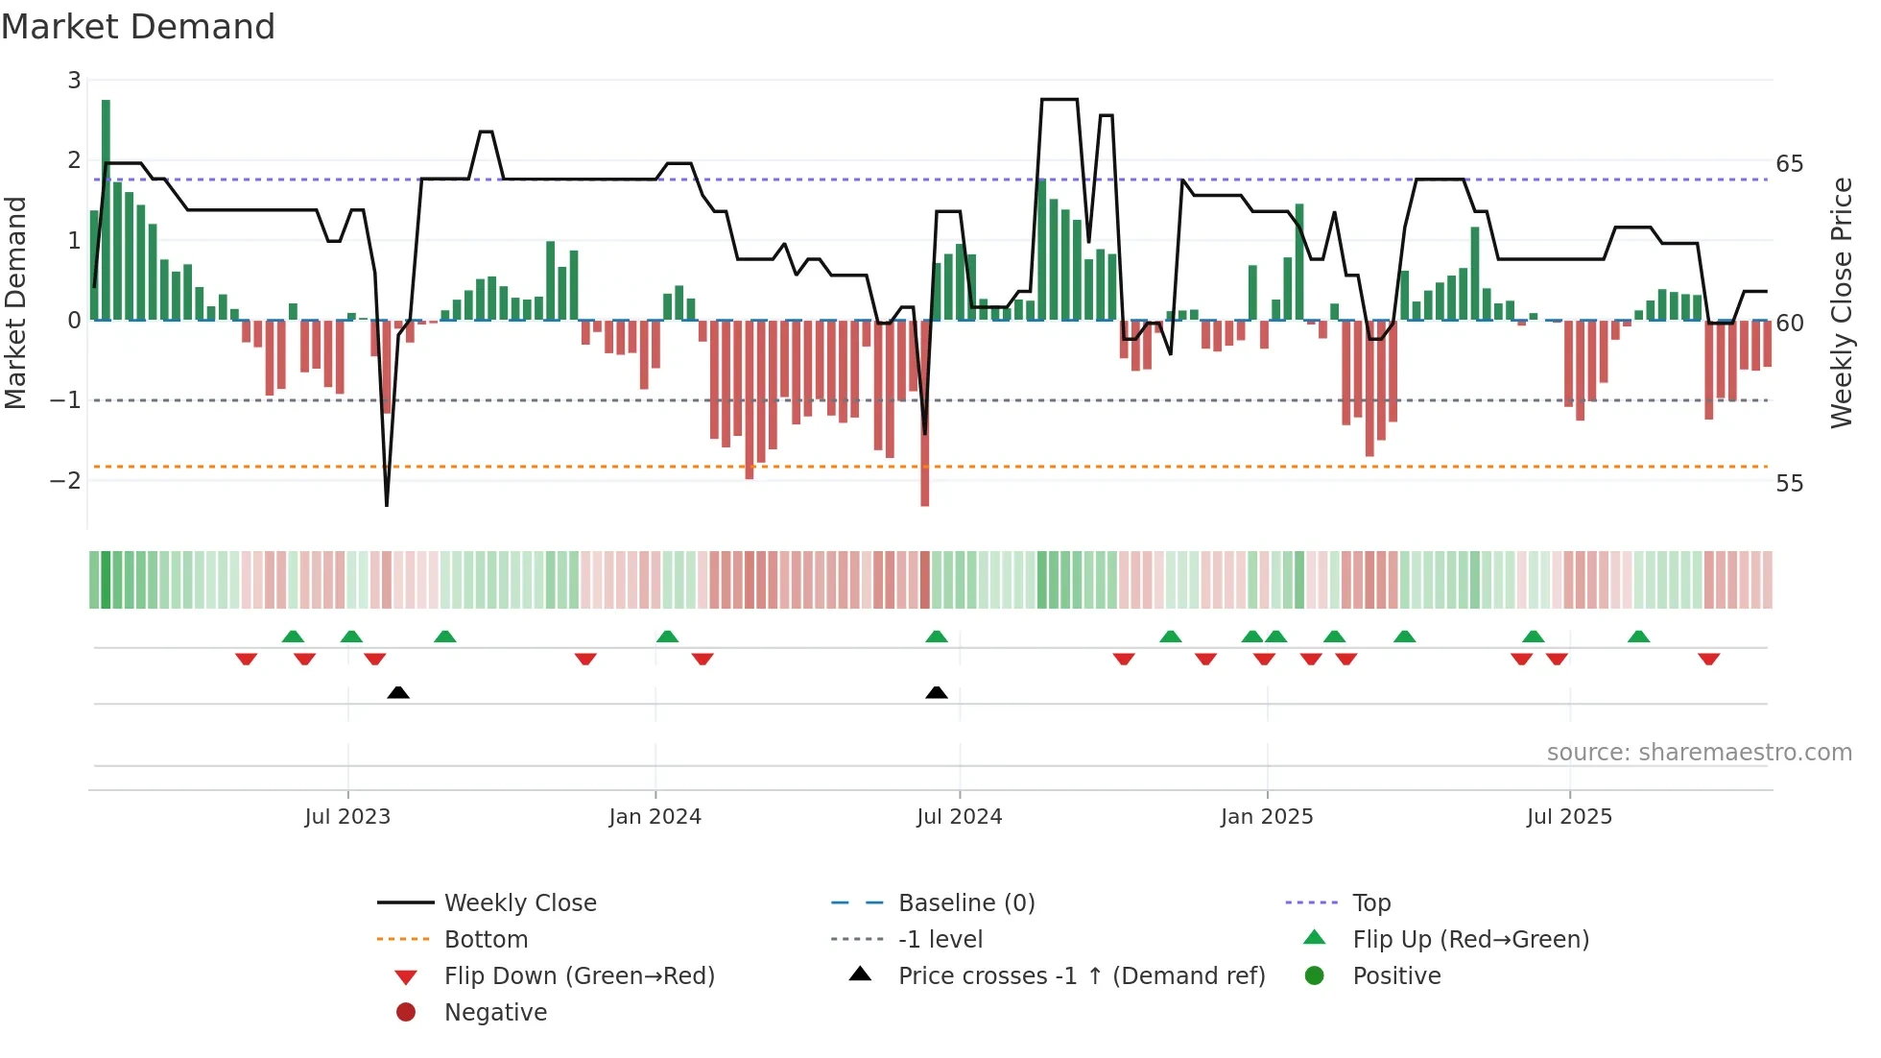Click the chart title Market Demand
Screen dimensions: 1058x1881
coord(138,27)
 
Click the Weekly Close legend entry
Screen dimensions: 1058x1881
coord(519,903)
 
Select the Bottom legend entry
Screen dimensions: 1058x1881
coord(486,940)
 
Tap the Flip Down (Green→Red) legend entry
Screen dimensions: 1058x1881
coord(579,976)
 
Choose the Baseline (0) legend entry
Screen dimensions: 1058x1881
coord(965,903)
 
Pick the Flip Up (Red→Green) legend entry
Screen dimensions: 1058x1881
coord(1470,940)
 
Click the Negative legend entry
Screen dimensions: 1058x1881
coord(495,1013)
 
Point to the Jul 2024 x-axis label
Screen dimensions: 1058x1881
coord(959,817)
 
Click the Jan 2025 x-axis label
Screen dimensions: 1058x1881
coord(1267,817)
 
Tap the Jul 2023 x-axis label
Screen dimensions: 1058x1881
coord(347,817)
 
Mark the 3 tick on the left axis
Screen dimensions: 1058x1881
coord(74,81)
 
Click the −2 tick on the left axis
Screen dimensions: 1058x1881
coord(66,480)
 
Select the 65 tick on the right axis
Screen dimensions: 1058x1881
coord(1789,164)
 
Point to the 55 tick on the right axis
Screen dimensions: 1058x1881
coord(1789,484)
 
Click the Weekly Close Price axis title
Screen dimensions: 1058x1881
coord(1841,302)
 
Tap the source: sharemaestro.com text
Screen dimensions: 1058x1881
coord(1699,753)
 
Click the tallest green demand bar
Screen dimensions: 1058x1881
coord(106,211)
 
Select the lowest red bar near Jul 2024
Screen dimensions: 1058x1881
coord(925,413)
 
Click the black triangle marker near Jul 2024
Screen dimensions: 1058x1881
coord(937,692)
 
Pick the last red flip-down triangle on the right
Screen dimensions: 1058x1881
coord(1708,659)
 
